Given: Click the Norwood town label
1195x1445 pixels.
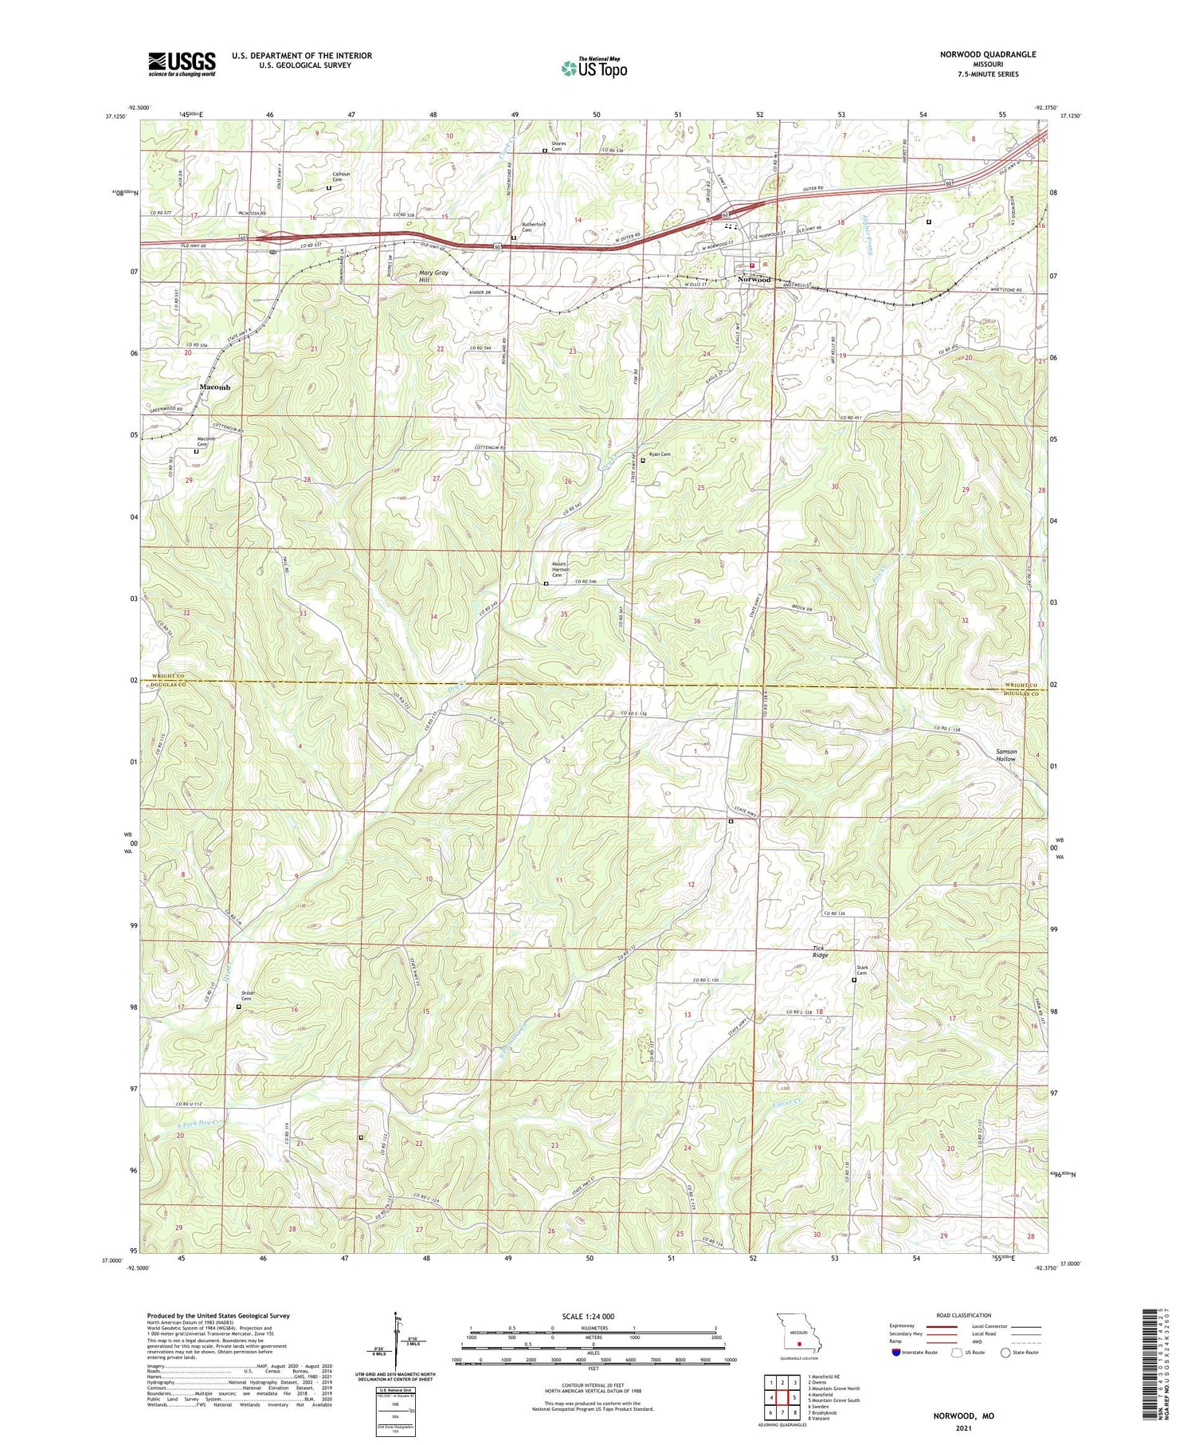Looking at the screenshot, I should pyautogui.click(x=754, y=280).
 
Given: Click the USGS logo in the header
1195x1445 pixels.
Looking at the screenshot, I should pyautogui.click(x=182, y=64).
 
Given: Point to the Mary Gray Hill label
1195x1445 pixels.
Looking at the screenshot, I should pyautogui.click(x=434, y=277).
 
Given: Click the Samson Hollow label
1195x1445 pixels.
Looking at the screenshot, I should pyautogui.click(x=1005, y=755).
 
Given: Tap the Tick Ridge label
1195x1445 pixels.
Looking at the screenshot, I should pyautogui.click(x=820, y=952).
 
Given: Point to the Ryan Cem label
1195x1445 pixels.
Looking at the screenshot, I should pyautogui.click(x=660, y=454).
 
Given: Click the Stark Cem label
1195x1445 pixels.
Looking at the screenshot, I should pyautogui.click(x=861, y=971).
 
